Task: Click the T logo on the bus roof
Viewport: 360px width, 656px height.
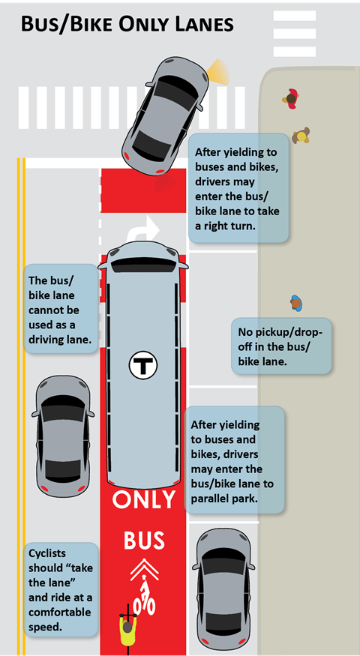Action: [142, 365]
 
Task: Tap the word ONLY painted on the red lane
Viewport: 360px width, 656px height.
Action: [143, 499]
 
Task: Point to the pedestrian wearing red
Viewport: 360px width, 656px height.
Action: [291, 99]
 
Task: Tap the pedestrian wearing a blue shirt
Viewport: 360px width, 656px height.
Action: [296, 303]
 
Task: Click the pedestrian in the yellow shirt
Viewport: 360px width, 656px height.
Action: [301, 136]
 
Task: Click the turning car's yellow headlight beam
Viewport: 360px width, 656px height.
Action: [218, 72]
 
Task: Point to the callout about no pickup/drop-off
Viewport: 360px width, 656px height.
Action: [281, 346]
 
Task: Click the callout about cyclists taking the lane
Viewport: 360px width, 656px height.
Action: [61, 589]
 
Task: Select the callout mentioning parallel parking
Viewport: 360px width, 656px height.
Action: [235, 460]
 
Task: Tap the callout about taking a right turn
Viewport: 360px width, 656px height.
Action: [238, 188]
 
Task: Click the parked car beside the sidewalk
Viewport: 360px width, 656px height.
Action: [223, 589]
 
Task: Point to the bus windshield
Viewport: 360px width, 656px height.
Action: [143, 265]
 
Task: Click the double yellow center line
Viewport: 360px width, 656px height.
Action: [21, 406]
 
